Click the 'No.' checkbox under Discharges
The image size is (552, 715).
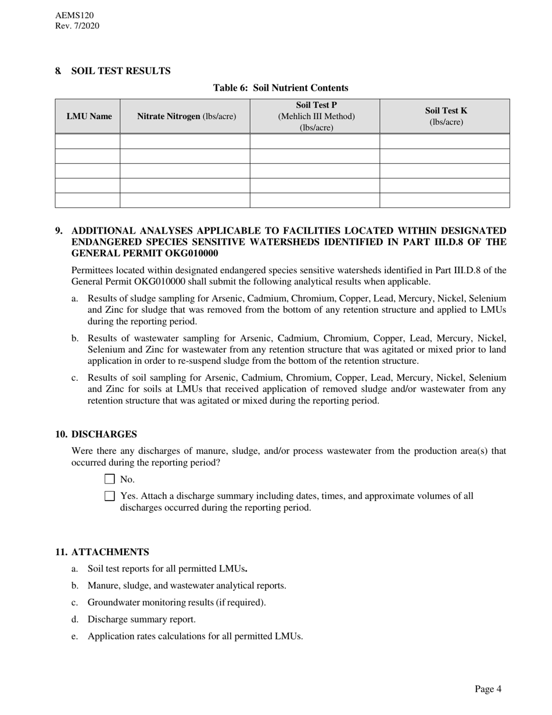(110, 479)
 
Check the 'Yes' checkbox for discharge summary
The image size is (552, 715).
(110, 496)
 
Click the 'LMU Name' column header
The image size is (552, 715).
(89, 116)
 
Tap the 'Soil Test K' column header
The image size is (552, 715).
(446, 116)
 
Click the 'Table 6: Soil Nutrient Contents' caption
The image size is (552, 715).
(281, 88)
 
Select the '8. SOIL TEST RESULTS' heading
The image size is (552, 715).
(113, 71)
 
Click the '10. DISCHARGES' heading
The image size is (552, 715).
(96, 434)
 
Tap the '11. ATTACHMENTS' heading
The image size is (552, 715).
(102, 552)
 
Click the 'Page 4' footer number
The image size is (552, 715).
(488, 689)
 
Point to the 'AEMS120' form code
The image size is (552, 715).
(74, 16)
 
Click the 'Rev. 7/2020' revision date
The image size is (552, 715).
(77, 26)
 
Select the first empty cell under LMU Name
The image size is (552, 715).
(88, 141)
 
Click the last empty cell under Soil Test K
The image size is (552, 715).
(445, 201)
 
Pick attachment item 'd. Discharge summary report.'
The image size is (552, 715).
(141, 619)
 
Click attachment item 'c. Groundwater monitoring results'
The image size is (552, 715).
(176, 602)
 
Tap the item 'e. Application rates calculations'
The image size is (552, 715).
(195, 636)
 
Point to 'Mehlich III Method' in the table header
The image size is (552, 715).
(316, 116)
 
